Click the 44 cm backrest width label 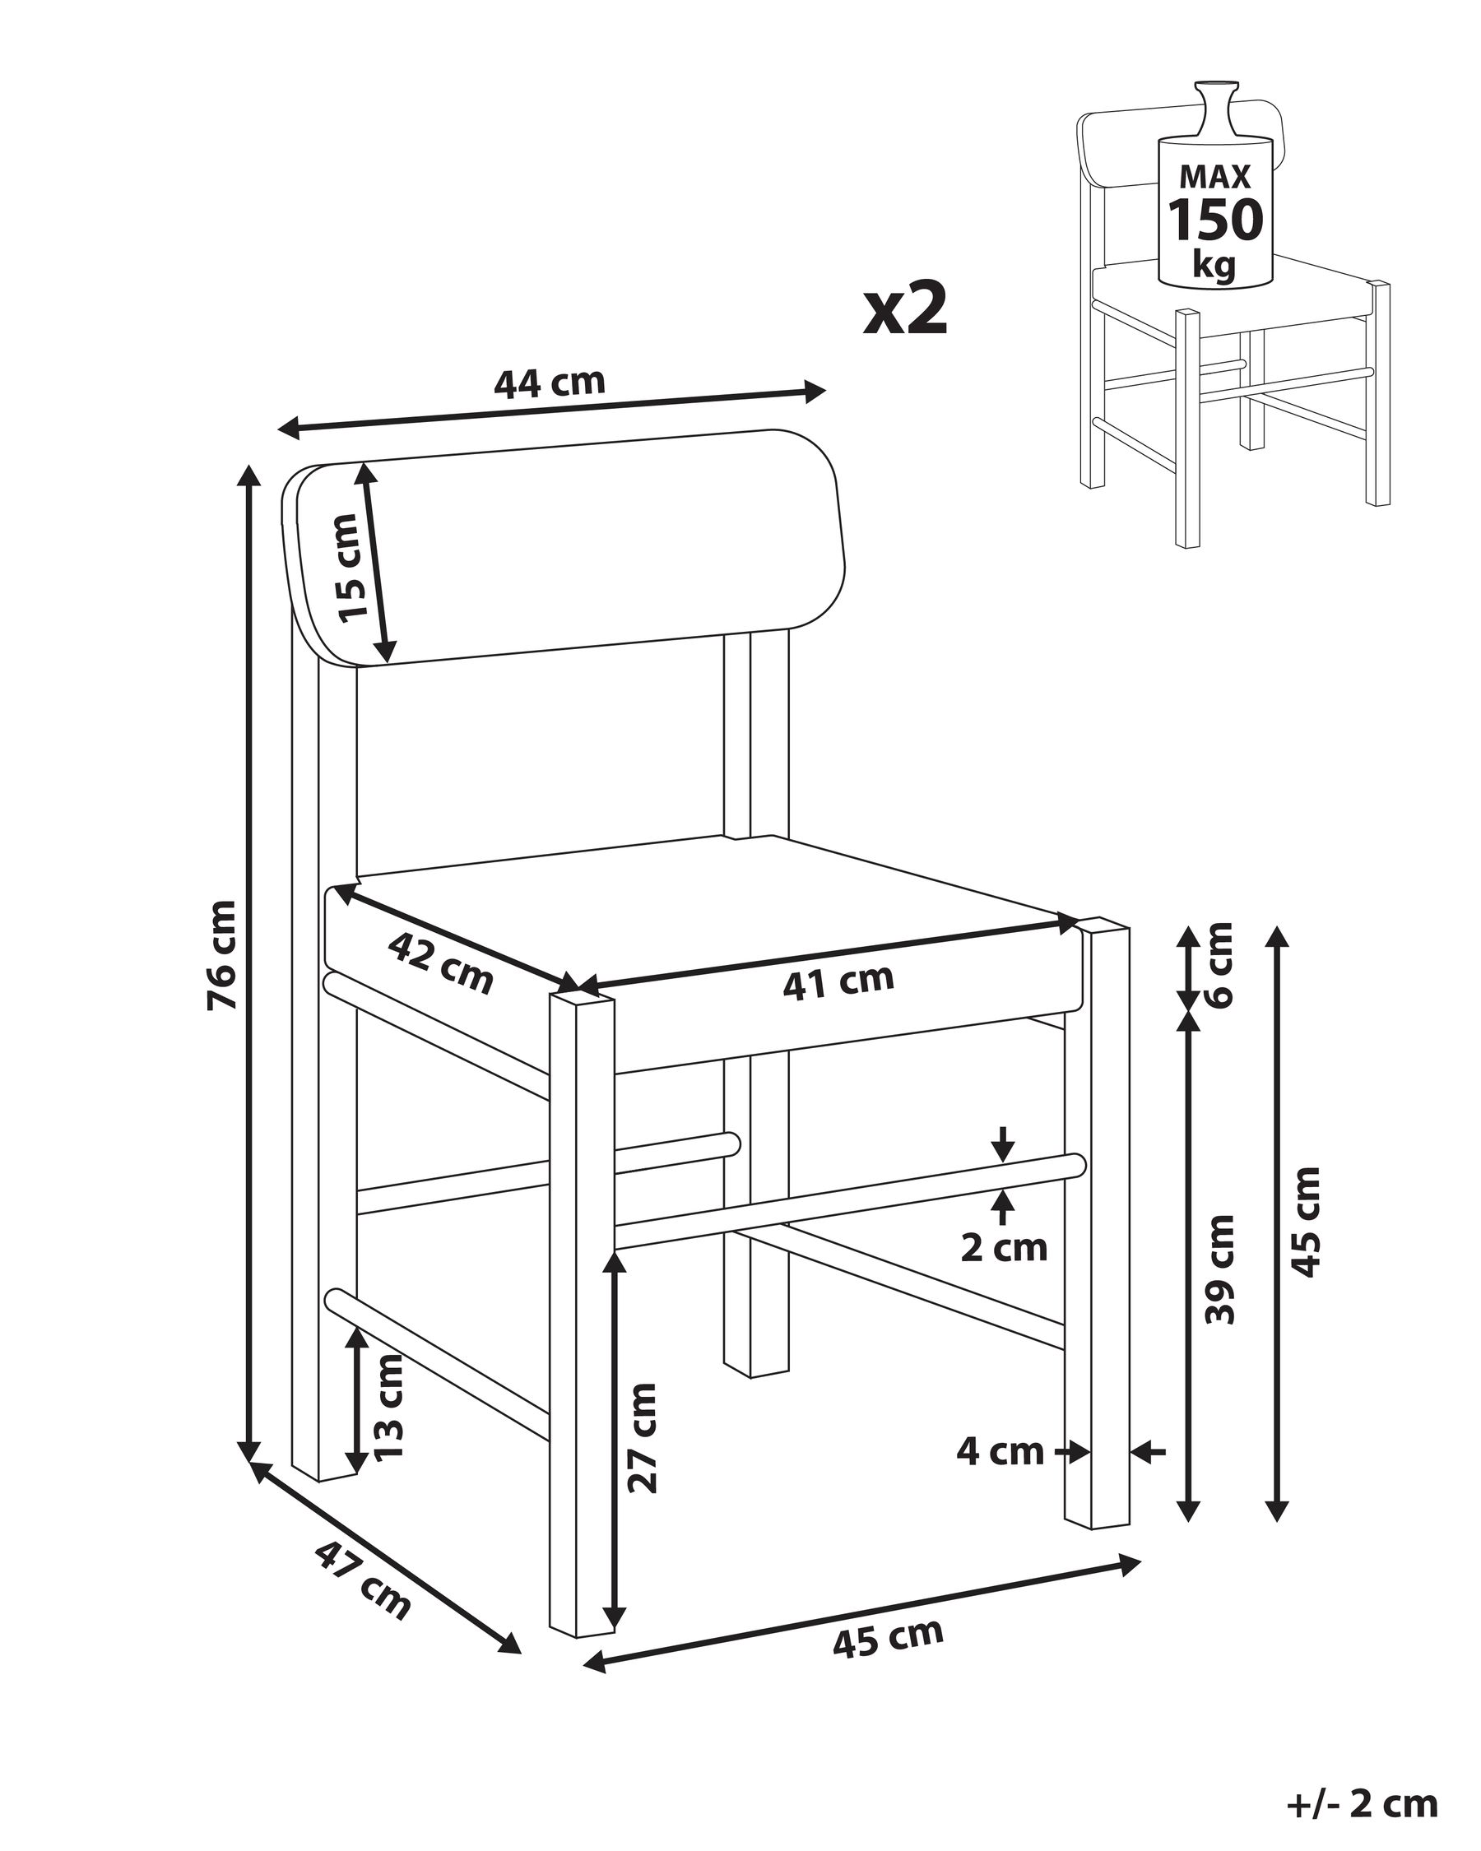(550, 382)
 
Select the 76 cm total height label (221, 956)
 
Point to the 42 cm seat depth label (440, 964)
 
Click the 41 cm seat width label (838, 981)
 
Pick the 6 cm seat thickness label (1219, 965)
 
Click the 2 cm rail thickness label (1004, 1247)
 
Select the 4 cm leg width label (1000, 1452)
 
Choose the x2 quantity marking (905, 310)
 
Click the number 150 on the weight (1215, 220)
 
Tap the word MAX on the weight (1215, 176)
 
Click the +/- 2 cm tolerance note (1363, 1803)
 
